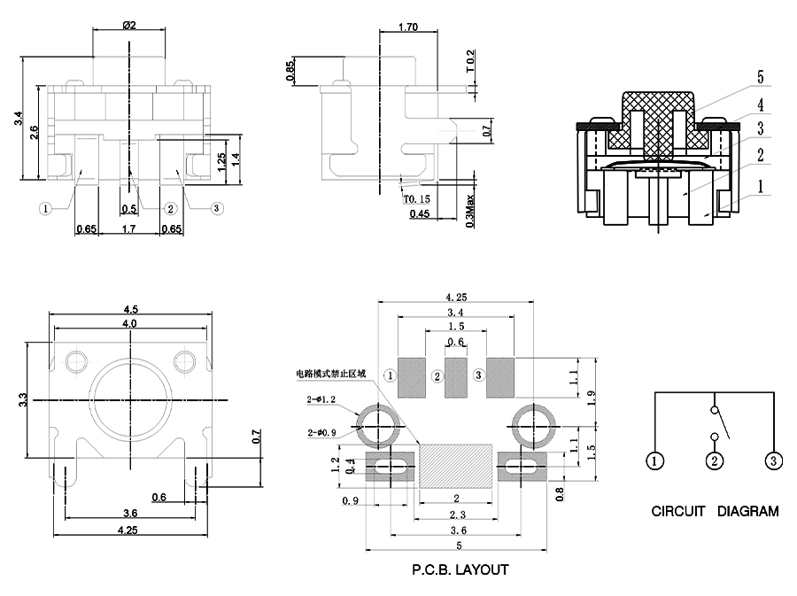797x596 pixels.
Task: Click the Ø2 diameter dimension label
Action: point(128,25)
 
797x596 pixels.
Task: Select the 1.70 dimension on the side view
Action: point(408,27)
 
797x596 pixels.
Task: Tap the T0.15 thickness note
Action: point(416,199)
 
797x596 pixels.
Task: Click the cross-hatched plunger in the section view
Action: point(656,124)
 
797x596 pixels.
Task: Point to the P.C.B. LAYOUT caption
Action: point(460,569)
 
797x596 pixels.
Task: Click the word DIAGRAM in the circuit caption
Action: point(747,511)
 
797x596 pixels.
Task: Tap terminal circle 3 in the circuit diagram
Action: point(773,461)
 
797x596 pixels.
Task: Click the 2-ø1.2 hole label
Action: point(321,401)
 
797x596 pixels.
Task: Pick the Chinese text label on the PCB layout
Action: point(331,375)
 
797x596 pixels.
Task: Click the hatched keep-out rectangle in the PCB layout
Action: point(455,466)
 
